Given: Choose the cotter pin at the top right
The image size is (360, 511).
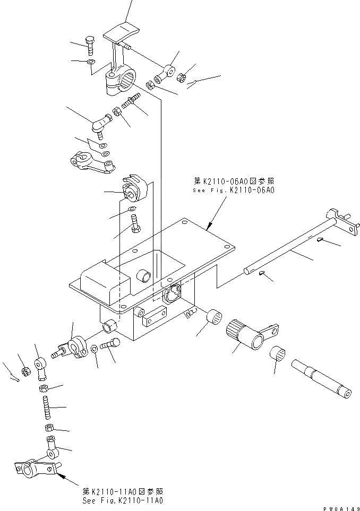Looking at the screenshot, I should pyautogui.click(x=193, y=83).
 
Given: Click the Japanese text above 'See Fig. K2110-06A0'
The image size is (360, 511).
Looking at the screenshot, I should pyautogui.click(x=234, y=180).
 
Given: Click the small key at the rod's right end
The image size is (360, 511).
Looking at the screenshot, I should pyautogui.click(x=322, y=241).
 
